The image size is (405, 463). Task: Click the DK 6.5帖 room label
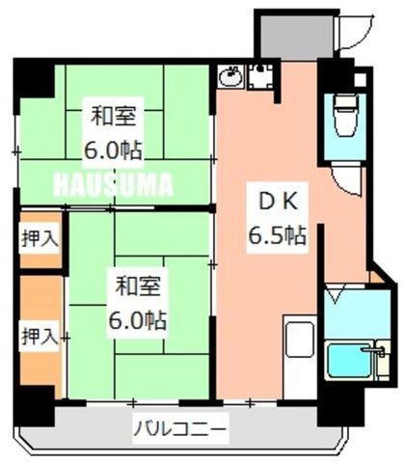click(277, 218)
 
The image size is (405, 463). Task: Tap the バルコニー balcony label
click(180, 429)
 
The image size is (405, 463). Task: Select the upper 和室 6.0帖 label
click(113, 132)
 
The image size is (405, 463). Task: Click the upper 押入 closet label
click(40, 238)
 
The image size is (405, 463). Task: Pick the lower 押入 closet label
click(40, 336)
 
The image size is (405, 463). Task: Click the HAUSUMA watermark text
click(113, 184)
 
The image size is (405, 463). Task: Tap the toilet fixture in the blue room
click(345, 115)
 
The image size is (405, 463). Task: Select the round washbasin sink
click(230, 76)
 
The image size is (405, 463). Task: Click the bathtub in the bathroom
click(350, 360)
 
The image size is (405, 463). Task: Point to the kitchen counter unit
click(300, 357)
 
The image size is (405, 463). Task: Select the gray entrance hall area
click(296, 38)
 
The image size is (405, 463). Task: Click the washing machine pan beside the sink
click(260, 76)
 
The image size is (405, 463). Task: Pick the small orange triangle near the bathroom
click(375, 278)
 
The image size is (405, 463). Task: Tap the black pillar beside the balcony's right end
click(340, 406)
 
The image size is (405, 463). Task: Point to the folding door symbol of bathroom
click(336, 294)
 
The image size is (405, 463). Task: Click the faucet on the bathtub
click(375, 350)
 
